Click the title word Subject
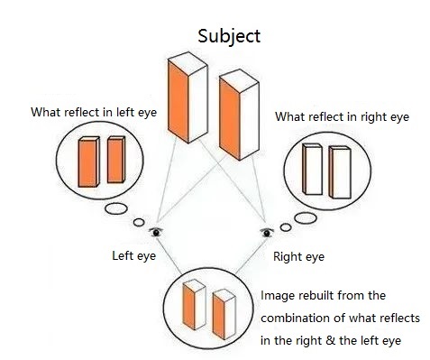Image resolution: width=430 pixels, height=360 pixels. pyautogui.click(x=229, y=37)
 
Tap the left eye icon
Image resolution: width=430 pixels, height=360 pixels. pyautogui.click(x=156, y=232)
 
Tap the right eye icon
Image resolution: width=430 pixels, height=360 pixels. pyautogui.click(x=267, y=233)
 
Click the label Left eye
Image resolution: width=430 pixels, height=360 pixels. pyautogui.click(x=134, y=256)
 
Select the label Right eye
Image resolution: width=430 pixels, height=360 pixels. pyautogui.click(x=298, y=257)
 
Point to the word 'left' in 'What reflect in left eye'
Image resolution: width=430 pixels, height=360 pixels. pyautogui.click(x=124, y=112)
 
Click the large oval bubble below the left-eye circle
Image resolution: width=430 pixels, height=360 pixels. pyautogui.click(x=116, y=208)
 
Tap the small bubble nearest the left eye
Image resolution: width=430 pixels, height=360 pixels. pyautogui.click(x=139, y=222)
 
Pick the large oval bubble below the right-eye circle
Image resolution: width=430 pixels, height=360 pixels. pyautogui.click(x=306, y=218)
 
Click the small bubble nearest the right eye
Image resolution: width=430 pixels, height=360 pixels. pyautogui.click(x=286, y=227)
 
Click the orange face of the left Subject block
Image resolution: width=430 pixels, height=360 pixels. pyautogui.click(x=178, y=102)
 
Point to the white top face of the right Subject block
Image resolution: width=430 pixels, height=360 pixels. pyautogui.click(x=239, y=81)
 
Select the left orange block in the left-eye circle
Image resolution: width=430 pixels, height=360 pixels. pyautogui.click(x=88, y=162)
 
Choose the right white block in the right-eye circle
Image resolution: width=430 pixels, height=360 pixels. pyautogui.click(x=340, y=172)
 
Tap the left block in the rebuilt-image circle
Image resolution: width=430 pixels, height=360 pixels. pyautogui.click(x=194, y=304)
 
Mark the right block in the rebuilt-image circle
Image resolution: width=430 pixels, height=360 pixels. pyautogui.click(x=224, y=314)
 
